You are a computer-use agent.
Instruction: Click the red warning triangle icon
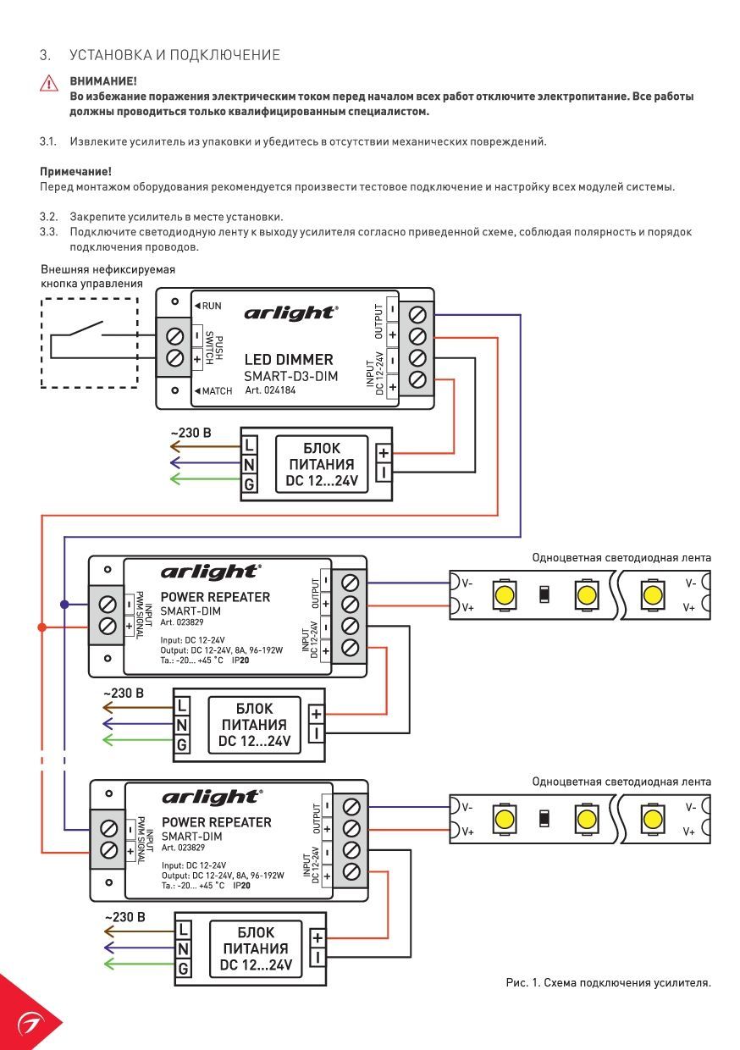(x=49, y=84)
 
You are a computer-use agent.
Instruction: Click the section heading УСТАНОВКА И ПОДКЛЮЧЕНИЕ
(x=174, y=55)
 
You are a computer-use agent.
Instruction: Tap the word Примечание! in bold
(x=75, y=172)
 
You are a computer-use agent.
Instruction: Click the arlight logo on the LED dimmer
(x=290, y=313)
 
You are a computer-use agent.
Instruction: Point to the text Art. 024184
(x=270, y=390)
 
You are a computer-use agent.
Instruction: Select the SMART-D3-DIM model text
(x=290, y=376)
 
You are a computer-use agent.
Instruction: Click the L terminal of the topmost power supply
(x=249, y=445)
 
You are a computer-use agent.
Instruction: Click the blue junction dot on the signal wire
(x=64, y=605)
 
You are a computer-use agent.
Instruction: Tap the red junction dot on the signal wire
(x=41, y=627)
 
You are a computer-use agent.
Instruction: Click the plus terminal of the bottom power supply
(x=318, y=938)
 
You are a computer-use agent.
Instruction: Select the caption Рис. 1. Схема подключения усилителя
(x=608, y=982)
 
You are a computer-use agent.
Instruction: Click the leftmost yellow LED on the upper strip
(x=505, y=595)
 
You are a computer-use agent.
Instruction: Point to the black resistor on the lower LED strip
(x=544, y=820)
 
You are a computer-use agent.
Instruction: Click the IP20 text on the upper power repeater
(x=240, y=660)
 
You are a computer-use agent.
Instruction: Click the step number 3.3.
(x=48, y=231)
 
